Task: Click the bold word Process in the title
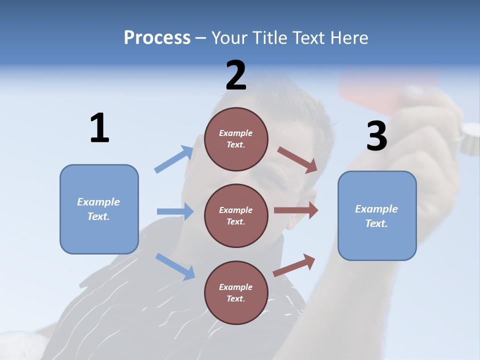pos(157,37)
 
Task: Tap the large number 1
pos(99,128)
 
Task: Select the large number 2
pos(236,75)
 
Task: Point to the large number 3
pos(376,136)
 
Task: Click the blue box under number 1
pos(99,209)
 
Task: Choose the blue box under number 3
pos(377,215)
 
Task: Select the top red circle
pos(236,138)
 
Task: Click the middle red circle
pos(236,215)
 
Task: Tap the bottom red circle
pos(236,292)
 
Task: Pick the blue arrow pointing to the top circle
pos(174,159)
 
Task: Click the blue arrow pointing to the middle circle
pos(175,211)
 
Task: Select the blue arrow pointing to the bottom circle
pos(175,266)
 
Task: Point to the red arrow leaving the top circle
pos(297,159)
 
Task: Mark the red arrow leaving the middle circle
pos(296,210)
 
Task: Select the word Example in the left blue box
pos(98,202)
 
